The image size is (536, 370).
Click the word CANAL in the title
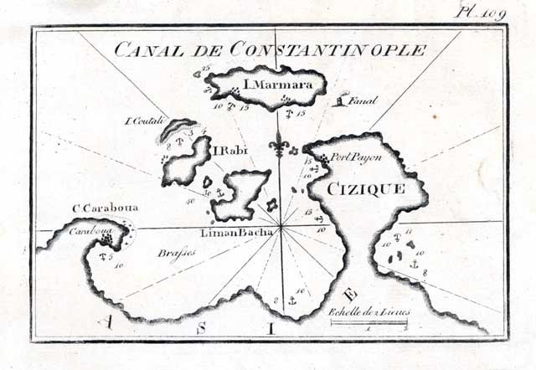(145, 49)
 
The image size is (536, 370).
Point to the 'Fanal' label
(365, 101)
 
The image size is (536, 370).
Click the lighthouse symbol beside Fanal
(339, 100)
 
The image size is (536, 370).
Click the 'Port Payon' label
(350, 156)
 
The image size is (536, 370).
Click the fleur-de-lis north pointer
(281, 147)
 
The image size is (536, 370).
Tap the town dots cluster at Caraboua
(106, 240)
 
